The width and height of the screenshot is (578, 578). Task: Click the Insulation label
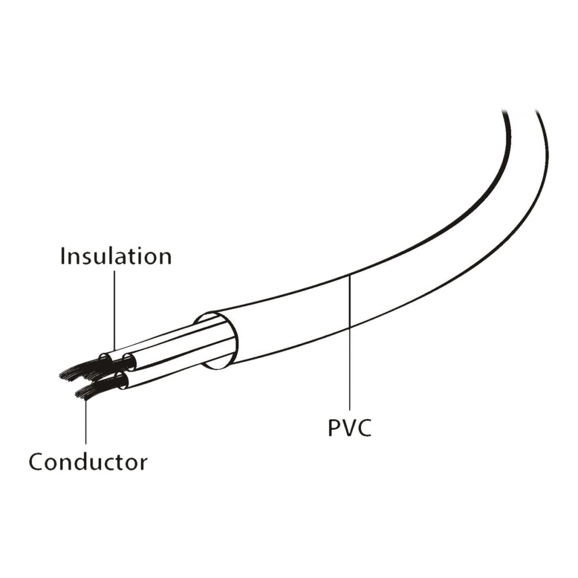click(116, 255)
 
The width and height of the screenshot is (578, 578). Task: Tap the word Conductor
click(88, 461)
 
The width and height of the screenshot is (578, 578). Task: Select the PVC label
click(350, 427)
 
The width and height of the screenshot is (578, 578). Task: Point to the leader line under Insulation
click(114, 311)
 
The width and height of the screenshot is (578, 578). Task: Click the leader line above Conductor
click(86, 421)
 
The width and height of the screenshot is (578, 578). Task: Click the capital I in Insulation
click(62, 256)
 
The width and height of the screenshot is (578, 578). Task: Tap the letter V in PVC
click(349, 428)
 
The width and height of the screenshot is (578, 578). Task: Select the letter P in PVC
click(334, 428)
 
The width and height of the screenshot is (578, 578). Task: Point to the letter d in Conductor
click(83, 461)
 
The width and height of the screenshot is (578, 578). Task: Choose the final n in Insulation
click(165, 258)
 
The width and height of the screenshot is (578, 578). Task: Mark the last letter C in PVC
click(364, 428)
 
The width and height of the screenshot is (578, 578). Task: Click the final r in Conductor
click(143, 464)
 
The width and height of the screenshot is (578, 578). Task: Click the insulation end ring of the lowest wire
click(121, 381)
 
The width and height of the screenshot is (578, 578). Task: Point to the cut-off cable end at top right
click(521, 111)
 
